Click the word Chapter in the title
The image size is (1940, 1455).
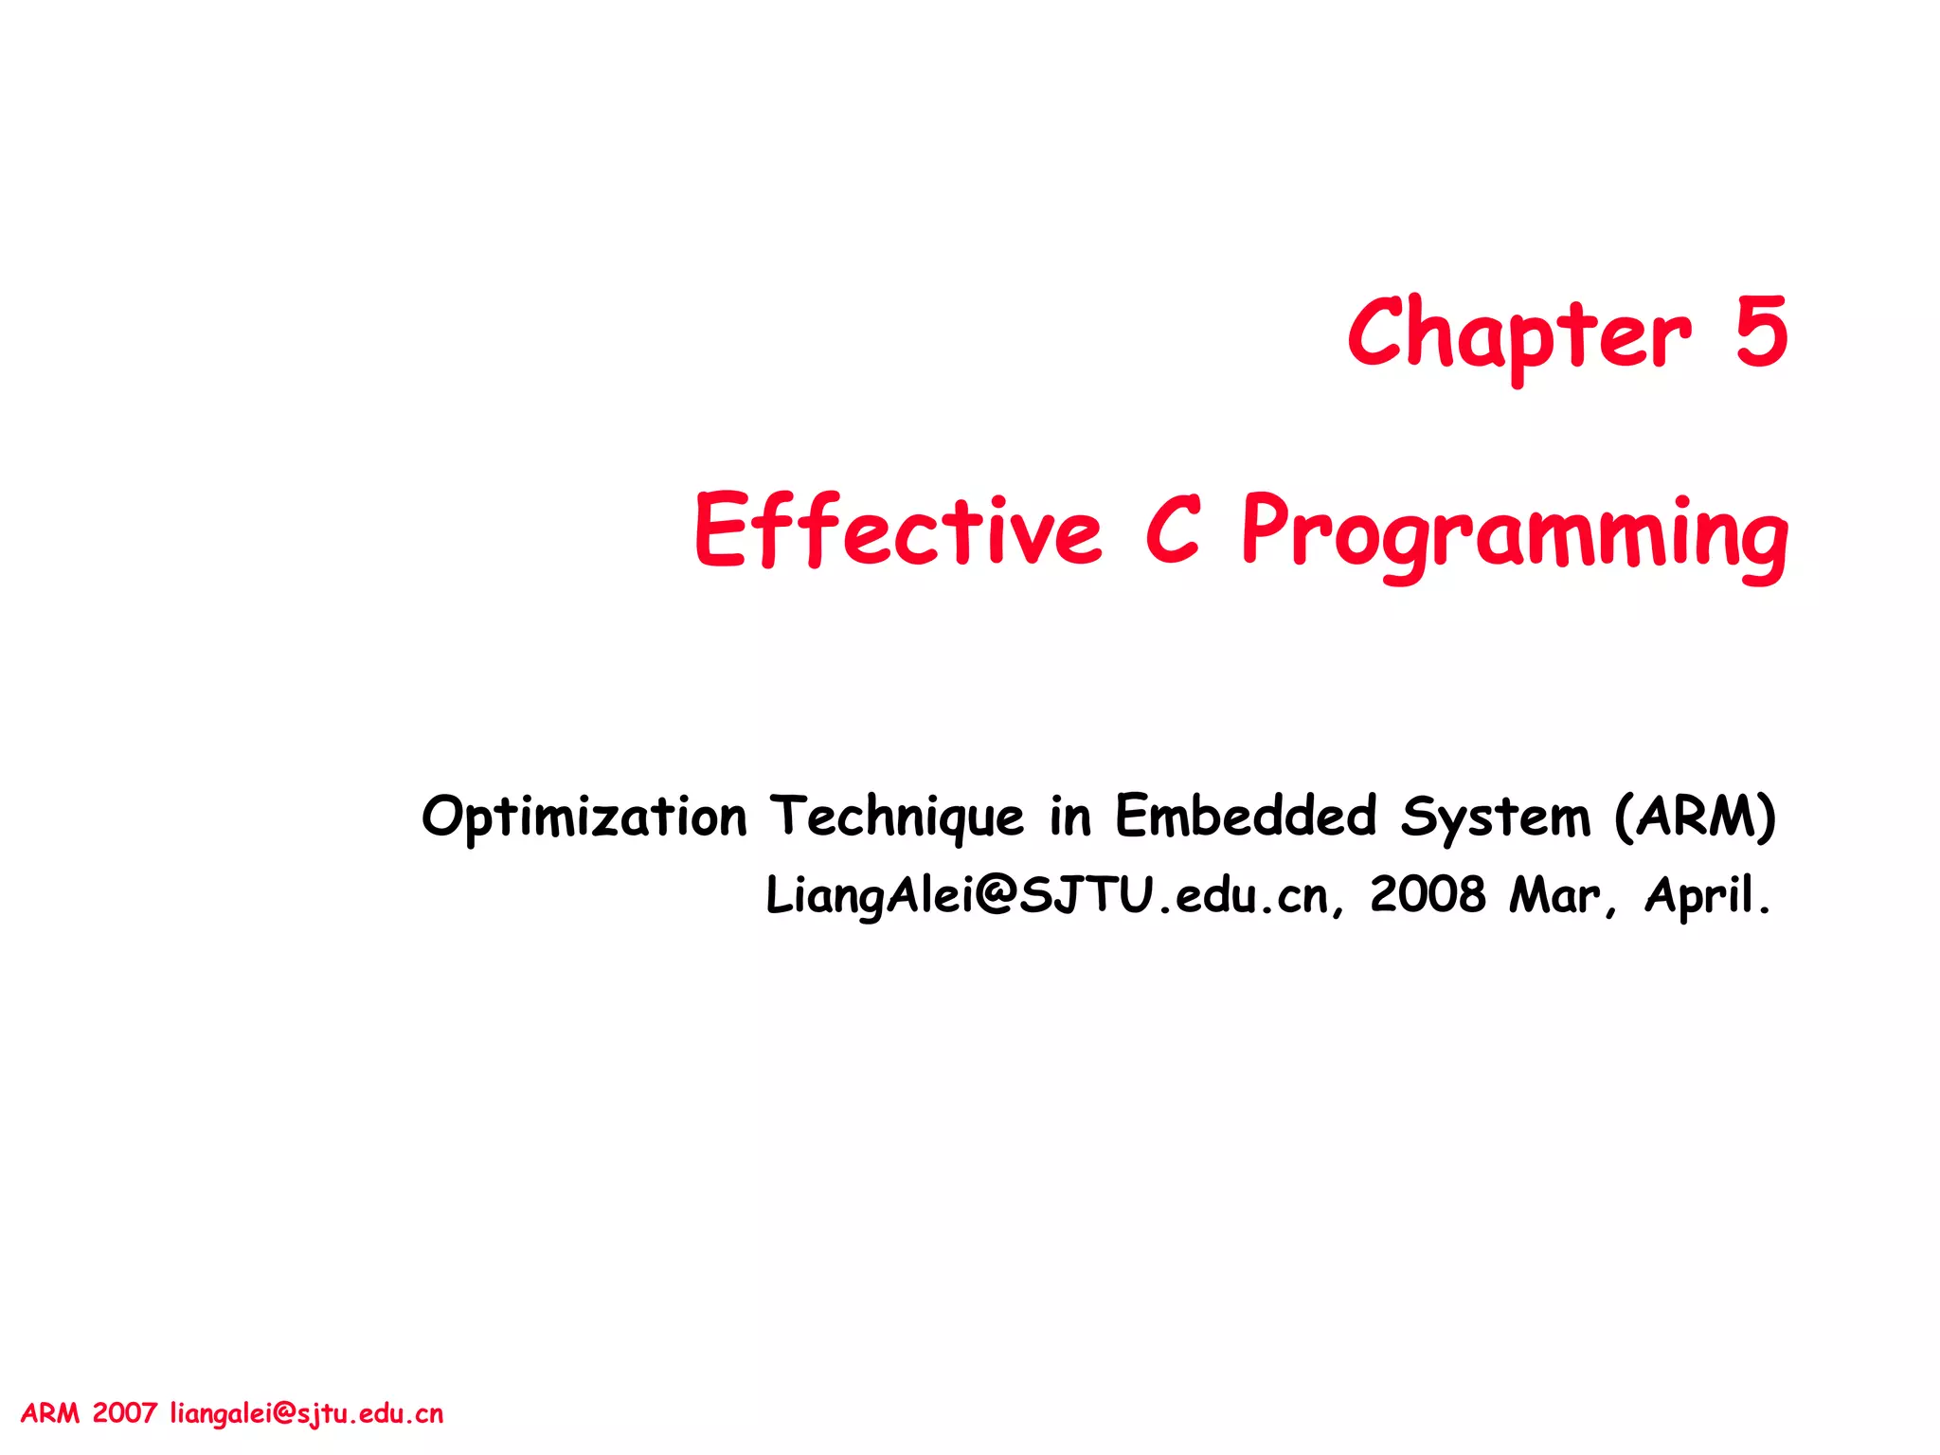(1518, 333)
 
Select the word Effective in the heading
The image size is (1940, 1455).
(898, 530)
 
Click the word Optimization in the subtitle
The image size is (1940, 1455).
(584, 817)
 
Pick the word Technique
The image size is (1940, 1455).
(896, 817)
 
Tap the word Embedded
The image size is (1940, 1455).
(1245, 817)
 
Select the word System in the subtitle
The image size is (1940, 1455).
(1495, 817)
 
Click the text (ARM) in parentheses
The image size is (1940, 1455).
(1695, 817)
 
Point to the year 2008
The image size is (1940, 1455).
(1428, 895)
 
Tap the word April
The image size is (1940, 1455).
(1706, 895)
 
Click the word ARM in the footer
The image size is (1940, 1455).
(50, 1414)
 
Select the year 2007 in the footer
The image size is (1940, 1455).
(124, 1414)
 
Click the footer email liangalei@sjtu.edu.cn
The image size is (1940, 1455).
(306, 1414)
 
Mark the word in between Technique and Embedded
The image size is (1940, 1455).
(1069, 817)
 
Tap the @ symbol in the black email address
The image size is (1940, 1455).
(995, 895)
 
